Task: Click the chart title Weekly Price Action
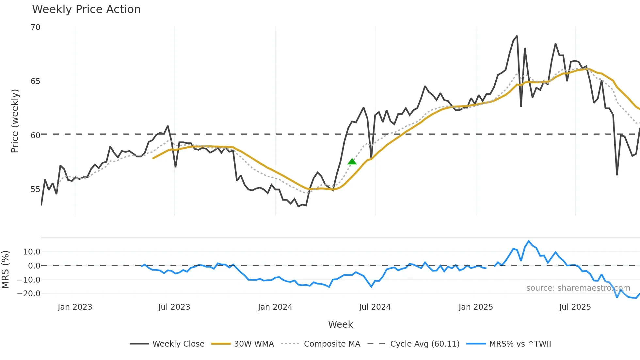[x=86, y=9]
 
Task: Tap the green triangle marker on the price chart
[x=352, y=161]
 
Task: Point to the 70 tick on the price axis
[x=36, y=27]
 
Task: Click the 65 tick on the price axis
[x=36, y=81]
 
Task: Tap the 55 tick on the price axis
[x=36, y=189]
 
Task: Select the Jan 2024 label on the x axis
[x=275, y=307]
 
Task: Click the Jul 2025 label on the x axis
[x=575, y=307]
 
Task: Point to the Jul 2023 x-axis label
[x=174, y=307]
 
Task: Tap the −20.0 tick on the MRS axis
[x=29, y=294]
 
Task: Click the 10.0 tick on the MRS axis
[x=32, y=252]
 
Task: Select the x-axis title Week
[x=340, y=324]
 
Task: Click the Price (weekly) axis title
[x=15, y=121]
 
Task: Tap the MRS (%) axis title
[x=5, y=270]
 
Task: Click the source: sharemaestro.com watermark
[x=578, y=288]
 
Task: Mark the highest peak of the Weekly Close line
[x=517, y=36]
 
